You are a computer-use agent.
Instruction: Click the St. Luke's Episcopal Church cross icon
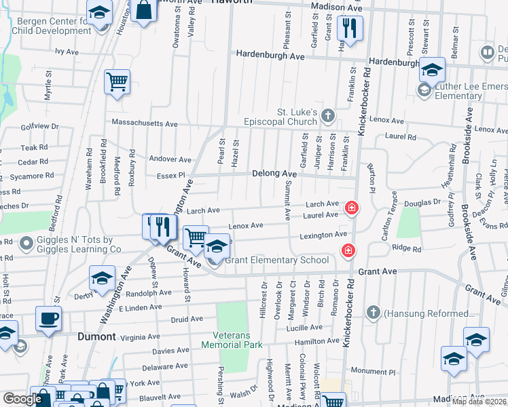328,115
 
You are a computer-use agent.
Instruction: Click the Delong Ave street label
274,174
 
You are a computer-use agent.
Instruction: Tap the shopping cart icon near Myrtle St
117,82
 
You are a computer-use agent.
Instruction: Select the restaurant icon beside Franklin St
350,28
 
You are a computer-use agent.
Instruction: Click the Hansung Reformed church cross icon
373,313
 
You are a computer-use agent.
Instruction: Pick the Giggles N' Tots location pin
26,242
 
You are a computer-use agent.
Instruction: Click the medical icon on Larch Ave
351,208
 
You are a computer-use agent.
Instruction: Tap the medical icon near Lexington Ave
348,251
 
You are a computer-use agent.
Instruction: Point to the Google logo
22,399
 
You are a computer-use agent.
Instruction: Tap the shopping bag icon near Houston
144,11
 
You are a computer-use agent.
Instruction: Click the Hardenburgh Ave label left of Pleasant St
270,56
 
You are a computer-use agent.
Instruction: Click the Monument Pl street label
373,372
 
